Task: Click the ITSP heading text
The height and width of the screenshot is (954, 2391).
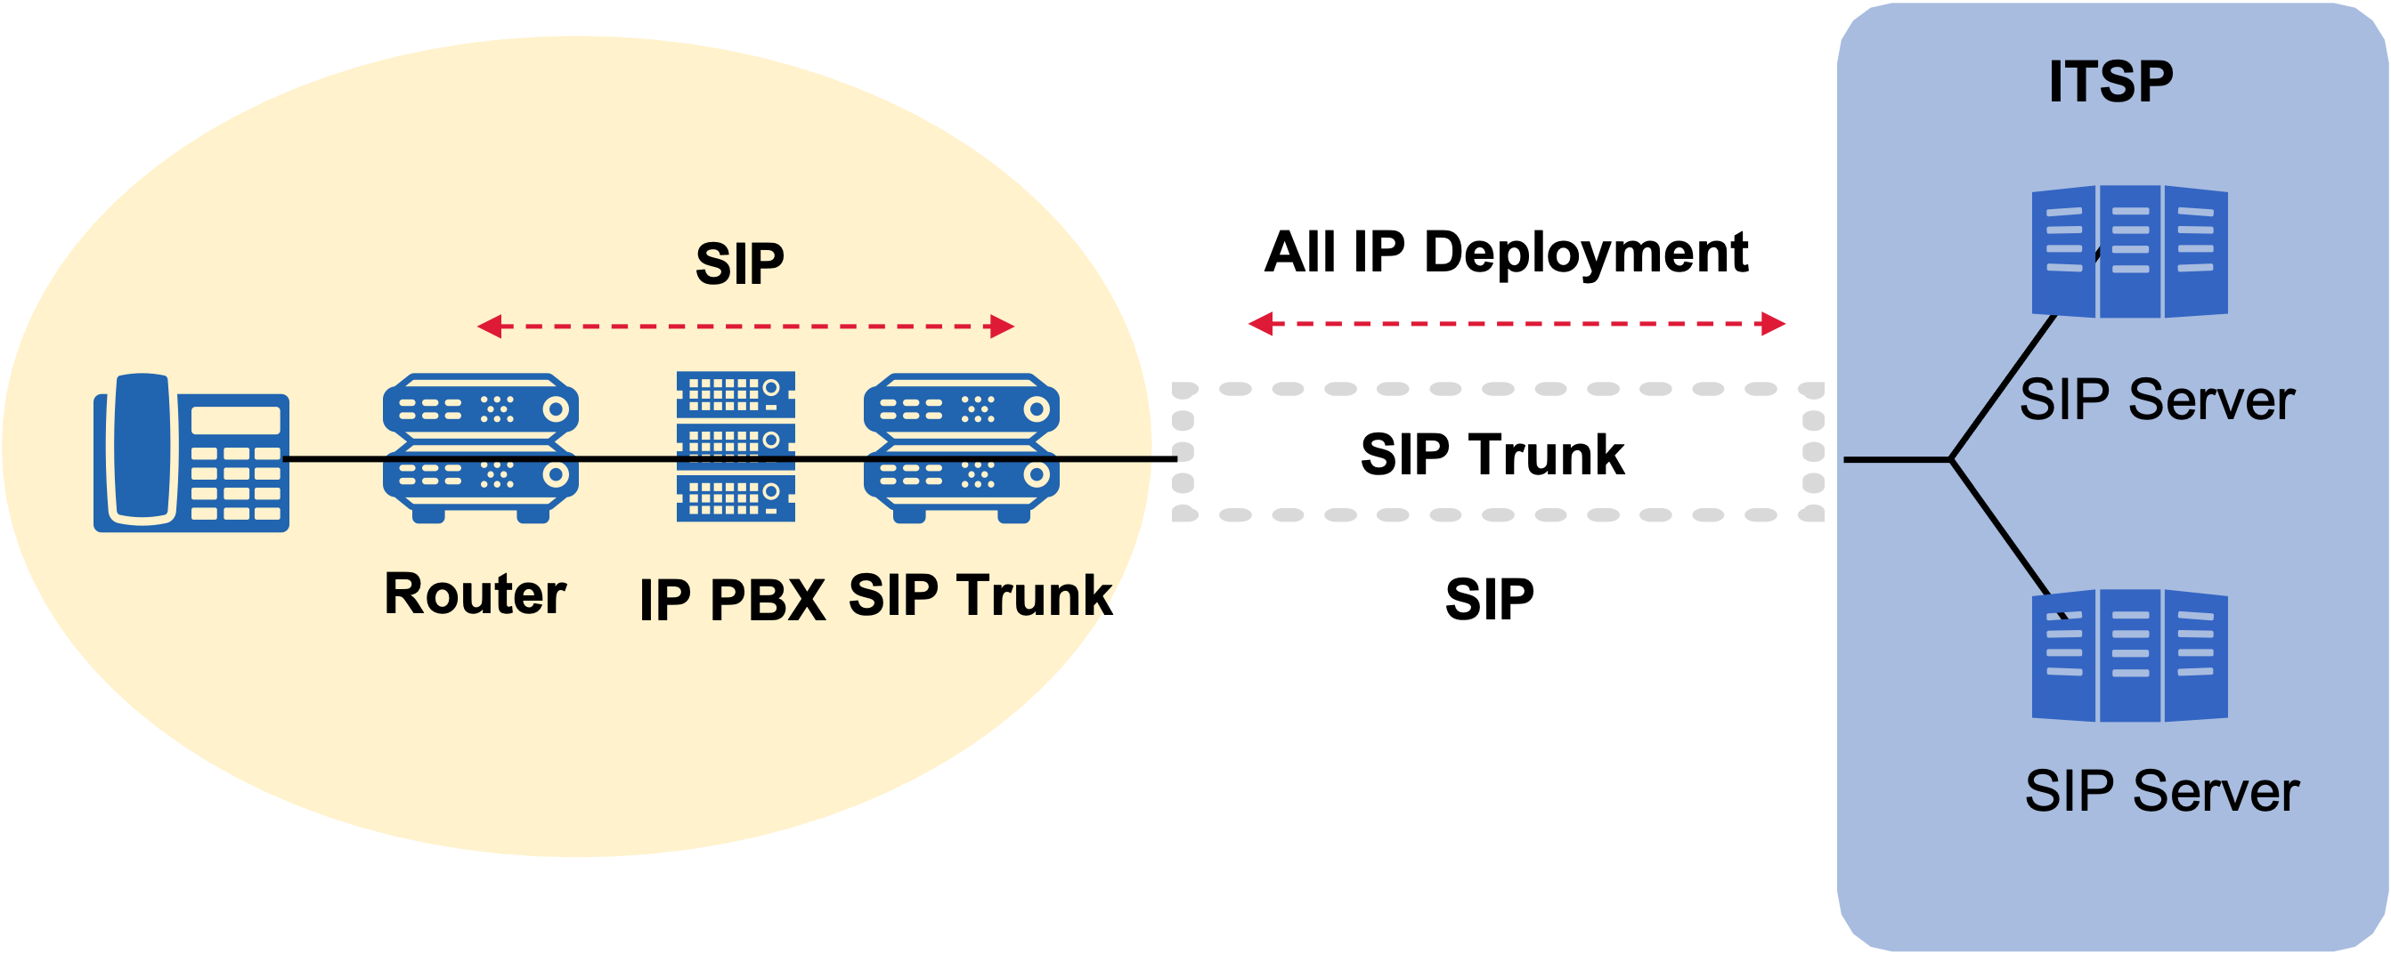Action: pos(2110,82)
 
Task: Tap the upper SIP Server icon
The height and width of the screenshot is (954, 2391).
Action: pos(2129,251)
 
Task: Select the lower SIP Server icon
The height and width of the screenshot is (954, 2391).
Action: pos(2129,655)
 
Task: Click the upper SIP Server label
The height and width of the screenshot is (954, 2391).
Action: pos(2156,400)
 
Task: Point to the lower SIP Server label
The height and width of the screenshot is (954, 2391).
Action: pos(2161,792)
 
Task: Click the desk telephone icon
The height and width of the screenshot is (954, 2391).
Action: pos(191,453)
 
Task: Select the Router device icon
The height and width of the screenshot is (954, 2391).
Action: pos(481,448)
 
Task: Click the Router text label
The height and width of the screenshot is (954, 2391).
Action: pos(476,594)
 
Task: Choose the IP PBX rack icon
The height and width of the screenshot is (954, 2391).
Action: pos(736,447)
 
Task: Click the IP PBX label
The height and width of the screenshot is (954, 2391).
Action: pos(732,600)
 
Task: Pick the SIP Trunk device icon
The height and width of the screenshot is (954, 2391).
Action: pos(962,448)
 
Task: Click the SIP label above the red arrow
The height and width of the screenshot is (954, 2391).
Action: pos(740,263)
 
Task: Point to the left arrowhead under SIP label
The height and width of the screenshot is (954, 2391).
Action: pos(489,327)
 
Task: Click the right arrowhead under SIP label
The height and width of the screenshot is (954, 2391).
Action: pos(1003,327)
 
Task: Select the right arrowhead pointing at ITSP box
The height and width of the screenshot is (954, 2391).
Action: pos(1774,324)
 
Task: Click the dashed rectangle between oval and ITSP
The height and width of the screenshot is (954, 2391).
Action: pos(1497,390)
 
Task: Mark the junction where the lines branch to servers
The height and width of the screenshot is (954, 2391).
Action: pos(1950,458)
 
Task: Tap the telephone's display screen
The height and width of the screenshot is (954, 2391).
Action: pos(235,420)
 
